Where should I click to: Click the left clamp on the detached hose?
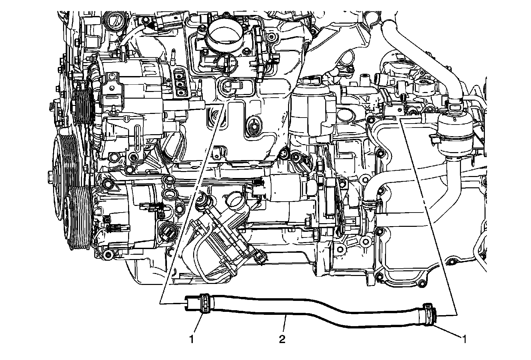pyautogui.click(x=205, y=303)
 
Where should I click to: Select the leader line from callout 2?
pyautogui.click(x=285, y=324)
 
